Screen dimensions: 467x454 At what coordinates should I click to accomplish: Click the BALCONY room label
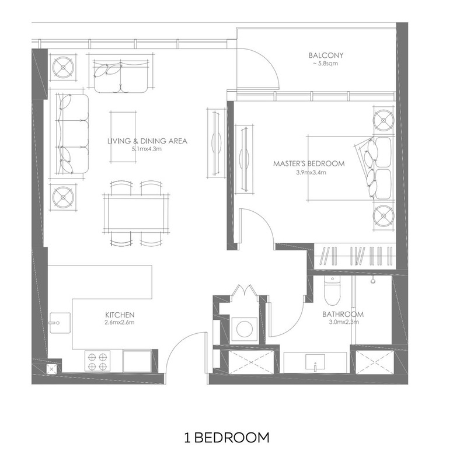[326, 55]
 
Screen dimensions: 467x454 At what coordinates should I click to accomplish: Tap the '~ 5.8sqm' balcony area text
[325, 64]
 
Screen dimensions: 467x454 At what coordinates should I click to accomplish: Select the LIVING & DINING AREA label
[148, 141]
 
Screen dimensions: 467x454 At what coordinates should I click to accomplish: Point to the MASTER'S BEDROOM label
[309, 163]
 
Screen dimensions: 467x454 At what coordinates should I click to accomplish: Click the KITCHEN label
[120, 315]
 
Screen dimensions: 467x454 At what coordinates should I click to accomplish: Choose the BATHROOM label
[343, 314]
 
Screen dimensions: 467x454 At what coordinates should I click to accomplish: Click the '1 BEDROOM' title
[226, 438]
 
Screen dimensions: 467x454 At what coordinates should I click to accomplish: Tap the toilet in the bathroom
[332, 291]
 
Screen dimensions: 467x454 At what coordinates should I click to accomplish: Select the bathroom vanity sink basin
[315, 361]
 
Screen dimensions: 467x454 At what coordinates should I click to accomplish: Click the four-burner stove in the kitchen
[97, 361]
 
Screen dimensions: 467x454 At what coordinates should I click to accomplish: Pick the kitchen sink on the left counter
[60, 323]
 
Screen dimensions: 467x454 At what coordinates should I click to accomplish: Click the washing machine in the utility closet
[244, 329]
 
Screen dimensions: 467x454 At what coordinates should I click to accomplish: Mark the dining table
[136, 214]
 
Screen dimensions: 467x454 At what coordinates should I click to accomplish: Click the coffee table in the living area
[123, 137]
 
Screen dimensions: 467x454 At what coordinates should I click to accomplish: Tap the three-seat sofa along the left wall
[72, 134]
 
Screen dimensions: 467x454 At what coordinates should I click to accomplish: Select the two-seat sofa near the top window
[121, 76]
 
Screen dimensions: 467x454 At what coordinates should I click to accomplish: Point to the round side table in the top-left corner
[63, 68]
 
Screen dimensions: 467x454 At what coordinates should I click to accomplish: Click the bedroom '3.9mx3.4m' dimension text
[311, 172]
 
